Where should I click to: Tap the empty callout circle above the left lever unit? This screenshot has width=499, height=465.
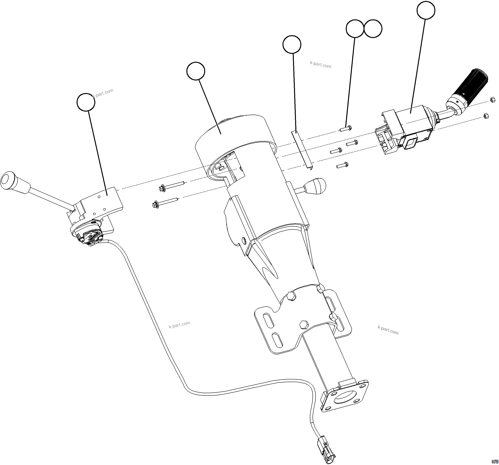(86, 102)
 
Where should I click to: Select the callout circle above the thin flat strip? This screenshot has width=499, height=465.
(292, 45)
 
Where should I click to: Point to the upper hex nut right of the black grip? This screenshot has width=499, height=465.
(493, 100)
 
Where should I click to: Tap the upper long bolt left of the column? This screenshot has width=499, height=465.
(172, 186)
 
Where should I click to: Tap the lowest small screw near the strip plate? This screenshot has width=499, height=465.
(342, 165)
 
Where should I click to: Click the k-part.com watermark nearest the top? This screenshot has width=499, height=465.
(321, 65)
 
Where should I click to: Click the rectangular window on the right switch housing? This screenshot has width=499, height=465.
(411, 144)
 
